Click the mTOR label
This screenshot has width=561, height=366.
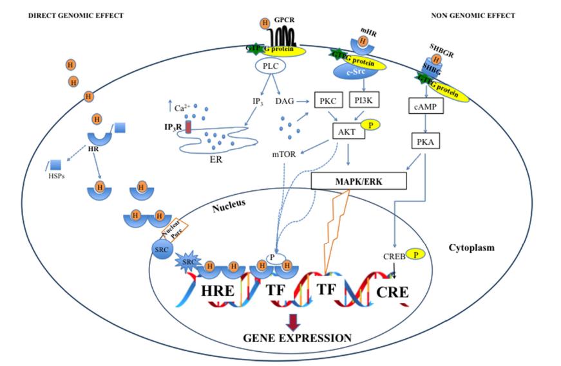(x=283, y=155)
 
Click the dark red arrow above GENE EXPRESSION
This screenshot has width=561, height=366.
(x=293, y=320)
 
